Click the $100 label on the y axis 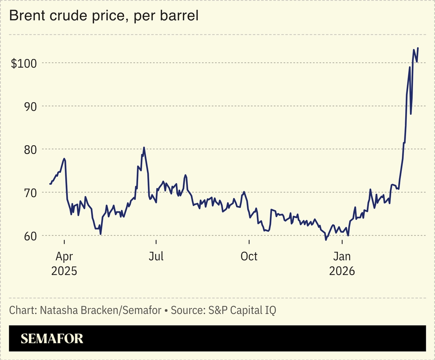coord(23,63)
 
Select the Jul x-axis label coord(156,257)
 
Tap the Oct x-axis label coord(249,257)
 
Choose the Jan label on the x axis coord(342,257)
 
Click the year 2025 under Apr coord(64,271)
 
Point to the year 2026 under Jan coord(342,271)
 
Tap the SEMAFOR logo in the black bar coord(52,338)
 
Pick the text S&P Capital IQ coord(242,311)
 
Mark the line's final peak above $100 coord(418,48)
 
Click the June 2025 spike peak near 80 coord(144,148)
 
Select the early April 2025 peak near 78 coord(65,159)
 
